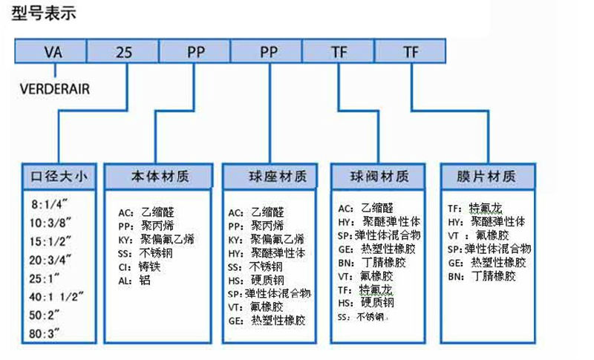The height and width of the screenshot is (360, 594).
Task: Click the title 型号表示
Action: [44, 13]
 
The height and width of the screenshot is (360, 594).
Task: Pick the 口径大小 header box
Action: [59, 177]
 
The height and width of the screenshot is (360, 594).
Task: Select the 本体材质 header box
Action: [160, 177]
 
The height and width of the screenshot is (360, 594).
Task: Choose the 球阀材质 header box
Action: [379, 177]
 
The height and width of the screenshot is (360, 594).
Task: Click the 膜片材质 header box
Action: [489, 177]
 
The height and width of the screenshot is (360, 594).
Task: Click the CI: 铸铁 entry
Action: [139, 265]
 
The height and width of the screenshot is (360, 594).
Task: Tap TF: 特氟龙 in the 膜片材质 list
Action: [474, 209]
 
